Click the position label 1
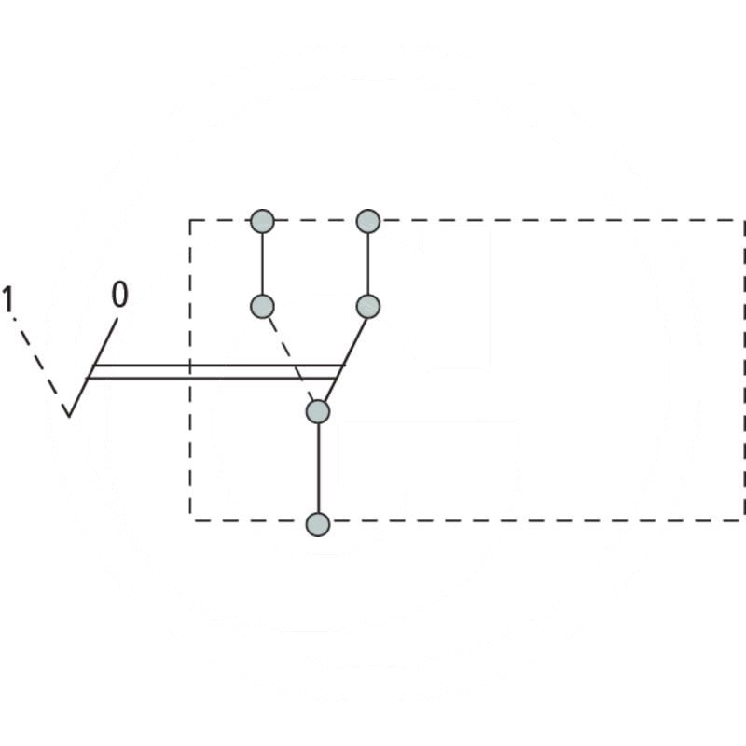click(8, 300)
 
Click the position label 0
click(119, 296)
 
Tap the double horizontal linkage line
click(214, 371)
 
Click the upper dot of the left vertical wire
click(263, 222)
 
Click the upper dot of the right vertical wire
click(368, 222)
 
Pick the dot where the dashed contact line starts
click(263, 306)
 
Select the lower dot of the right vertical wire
click(368, 306)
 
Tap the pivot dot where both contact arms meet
click(319, 411)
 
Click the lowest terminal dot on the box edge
click(319, 524)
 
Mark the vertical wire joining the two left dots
click(263, 264)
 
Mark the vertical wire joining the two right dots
click(368, 264)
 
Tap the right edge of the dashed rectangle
click(743, 373)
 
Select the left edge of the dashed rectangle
click(190, 448)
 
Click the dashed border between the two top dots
click(315, 221)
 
